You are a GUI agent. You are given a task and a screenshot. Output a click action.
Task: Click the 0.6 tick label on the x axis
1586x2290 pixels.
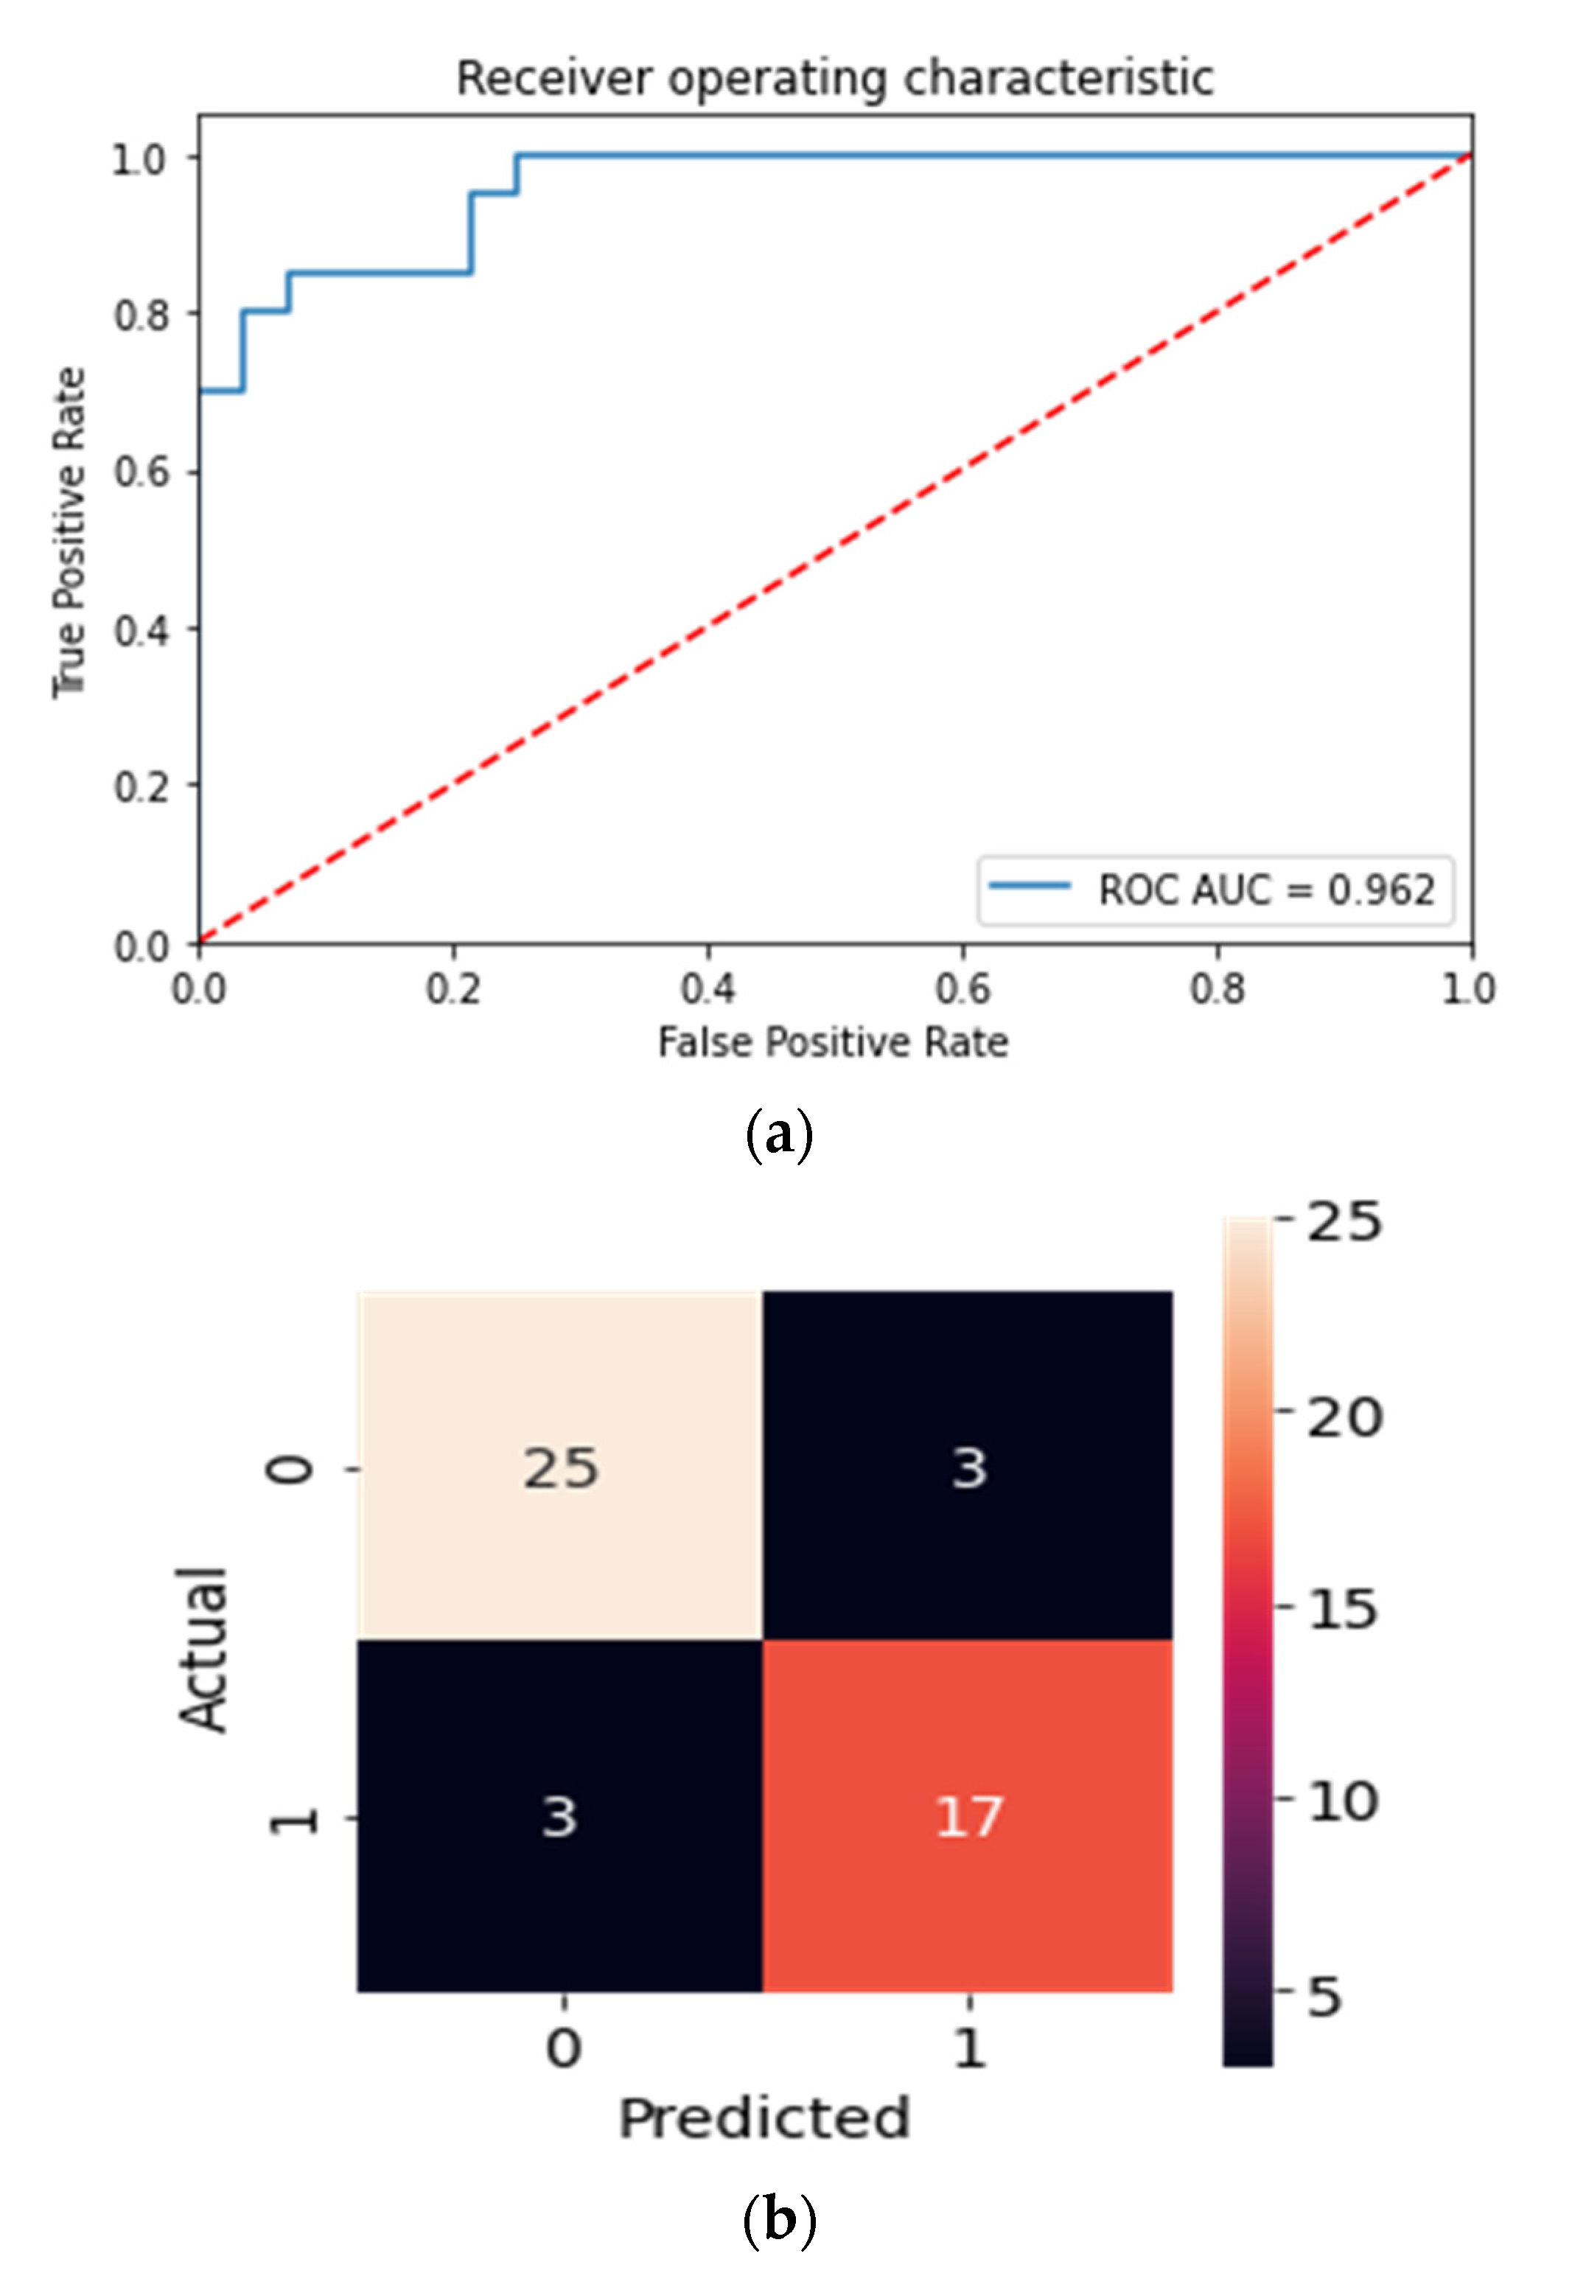(x=962, y=989)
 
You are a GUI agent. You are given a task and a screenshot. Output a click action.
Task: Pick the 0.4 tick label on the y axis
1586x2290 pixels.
(x=142, y=630)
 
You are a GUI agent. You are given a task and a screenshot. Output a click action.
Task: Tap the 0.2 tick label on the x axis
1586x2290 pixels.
(x=453, y=989)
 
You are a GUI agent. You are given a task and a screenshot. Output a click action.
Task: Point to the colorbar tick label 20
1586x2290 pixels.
(x=1344, y=1417)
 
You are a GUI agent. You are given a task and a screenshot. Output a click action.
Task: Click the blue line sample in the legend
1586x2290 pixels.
(x=1030, y=886)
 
